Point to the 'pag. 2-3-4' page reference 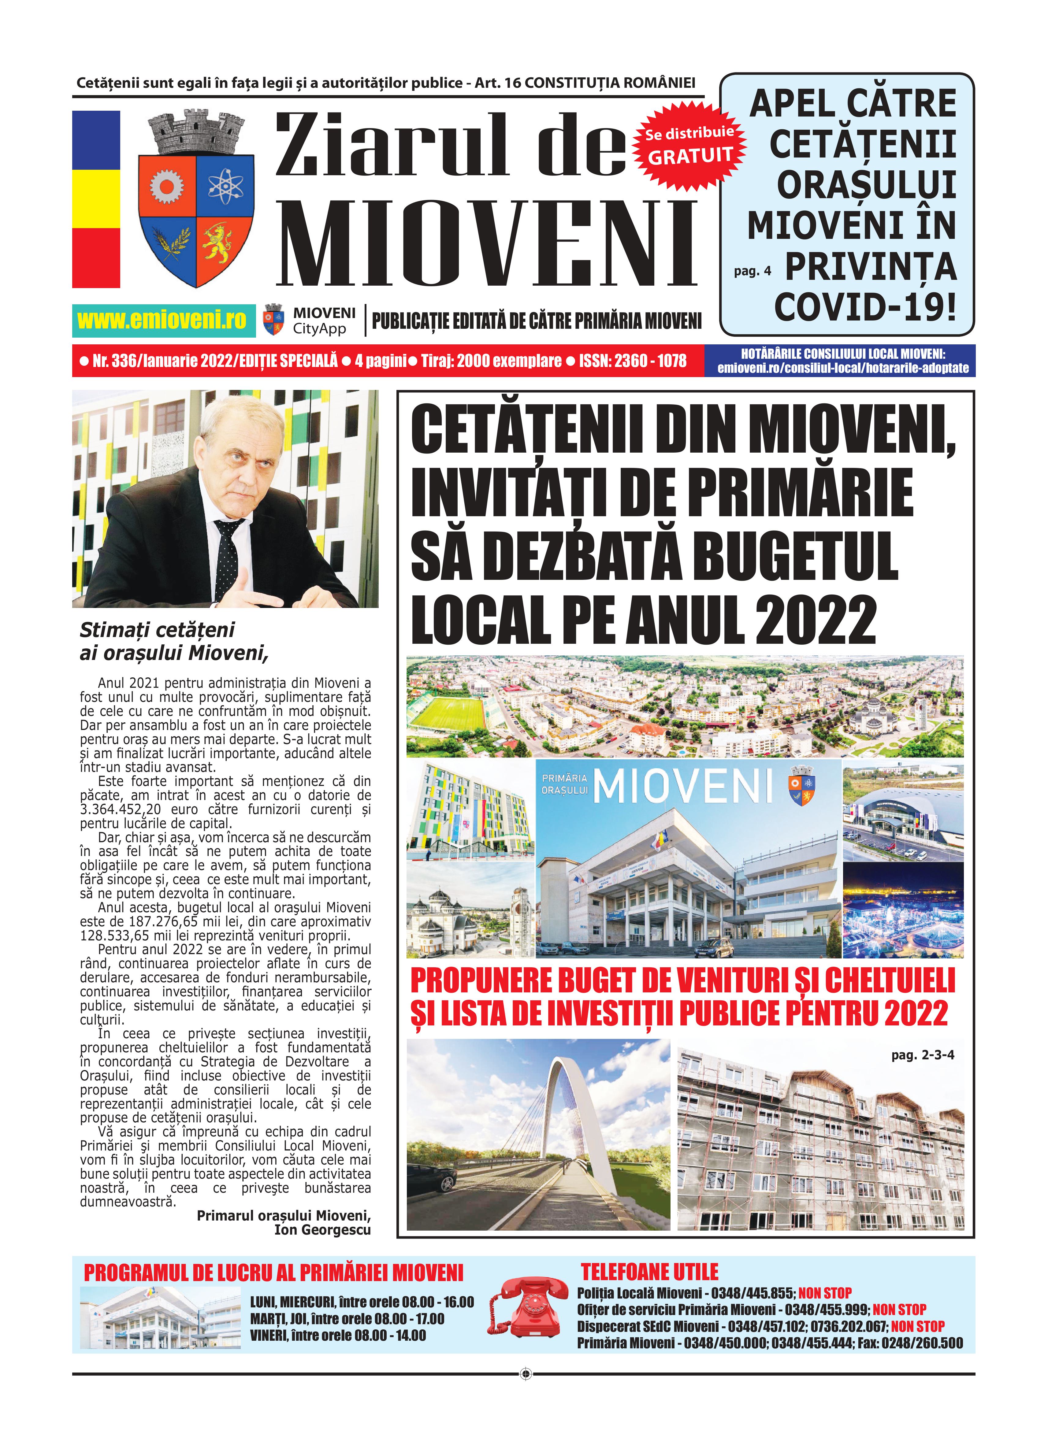point(922,1055)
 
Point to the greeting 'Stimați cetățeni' point(157,630)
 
